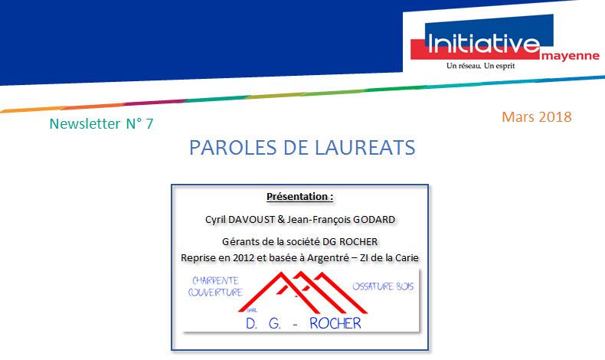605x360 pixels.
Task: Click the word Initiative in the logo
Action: click(x=484, y=43)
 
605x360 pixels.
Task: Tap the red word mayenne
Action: click(x=571, y=56)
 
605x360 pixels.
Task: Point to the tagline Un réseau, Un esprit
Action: click(x=480, y=66)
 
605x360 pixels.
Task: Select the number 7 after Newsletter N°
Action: click(x=149, y=123)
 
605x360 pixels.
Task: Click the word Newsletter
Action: click(x=85, y=123)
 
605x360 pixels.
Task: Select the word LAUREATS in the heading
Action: click(x=365, y=147)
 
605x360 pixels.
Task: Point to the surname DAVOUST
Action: click(x=251, y=220)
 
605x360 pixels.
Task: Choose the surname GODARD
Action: click(x=374, y=220)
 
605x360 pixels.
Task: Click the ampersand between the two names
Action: click(x=281, y=220)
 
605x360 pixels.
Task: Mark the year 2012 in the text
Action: click(x=244, y=258)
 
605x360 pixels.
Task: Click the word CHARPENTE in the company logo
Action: click(x=215, y=280)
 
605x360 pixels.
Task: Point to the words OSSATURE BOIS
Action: click(x=383, y=286)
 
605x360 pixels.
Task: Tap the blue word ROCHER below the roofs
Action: click(x=335, y=323)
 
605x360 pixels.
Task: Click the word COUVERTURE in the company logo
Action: click(x=215, y=293)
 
